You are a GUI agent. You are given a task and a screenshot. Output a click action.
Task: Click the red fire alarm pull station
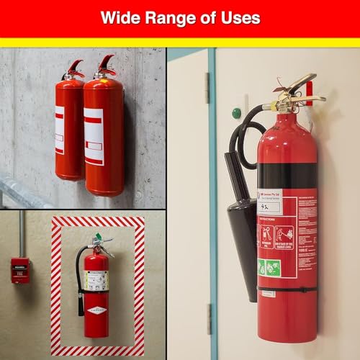[19, 270]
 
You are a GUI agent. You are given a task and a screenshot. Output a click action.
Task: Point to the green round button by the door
[235, 113]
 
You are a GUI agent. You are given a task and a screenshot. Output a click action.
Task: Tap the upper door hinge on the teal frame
[207, 86]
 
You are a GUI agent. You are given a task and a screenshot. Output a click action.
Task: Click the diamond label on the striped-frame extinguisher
[96, 310]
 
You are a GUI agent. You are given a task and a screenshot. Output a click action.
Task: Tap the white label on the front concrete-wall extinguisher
[94, 137]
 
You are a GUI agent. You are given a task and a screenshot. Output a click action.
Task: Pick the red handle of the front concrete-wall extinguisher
[107, 63]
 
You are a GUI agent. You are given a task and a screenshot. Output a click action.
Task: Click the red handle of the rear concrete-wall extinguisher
[76, 67]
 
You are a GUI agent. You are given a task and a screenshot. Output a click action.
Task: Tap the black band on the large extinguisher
[287, 174]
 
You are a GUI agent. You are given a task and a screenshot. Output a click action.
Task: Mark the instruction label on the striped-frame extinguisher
[96, 280]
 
